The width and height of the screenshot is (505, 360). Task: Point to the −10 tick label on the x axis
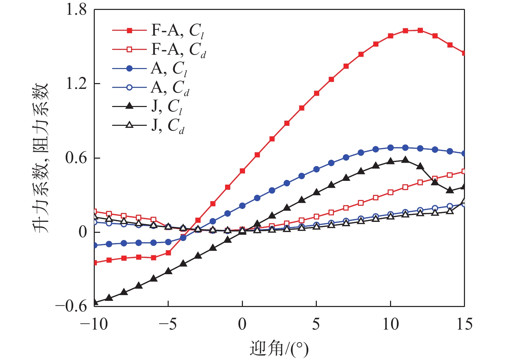point(94,324)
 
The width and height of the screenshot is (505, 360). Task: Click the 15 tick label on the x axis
point(464,324)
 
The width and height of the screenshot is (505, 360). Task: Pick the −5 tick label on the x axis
point(168,324)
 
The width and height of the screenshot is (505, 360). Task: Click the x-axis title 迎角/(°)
point(279,349)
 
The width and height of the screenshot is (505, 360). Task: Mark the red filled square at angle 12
point(420,30)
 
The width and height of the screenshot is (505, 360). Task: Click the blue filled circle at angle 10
point(390,148)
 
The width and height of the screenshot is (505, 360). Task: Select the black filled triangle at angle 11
point(405,160)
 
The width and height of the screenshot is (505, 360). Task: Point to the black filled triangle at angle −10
point(94,302)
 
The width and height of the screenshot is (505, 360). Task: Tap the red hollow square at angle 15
point(464,171)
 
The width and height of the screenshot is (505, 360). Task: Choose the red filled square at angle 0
point(242,171)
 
